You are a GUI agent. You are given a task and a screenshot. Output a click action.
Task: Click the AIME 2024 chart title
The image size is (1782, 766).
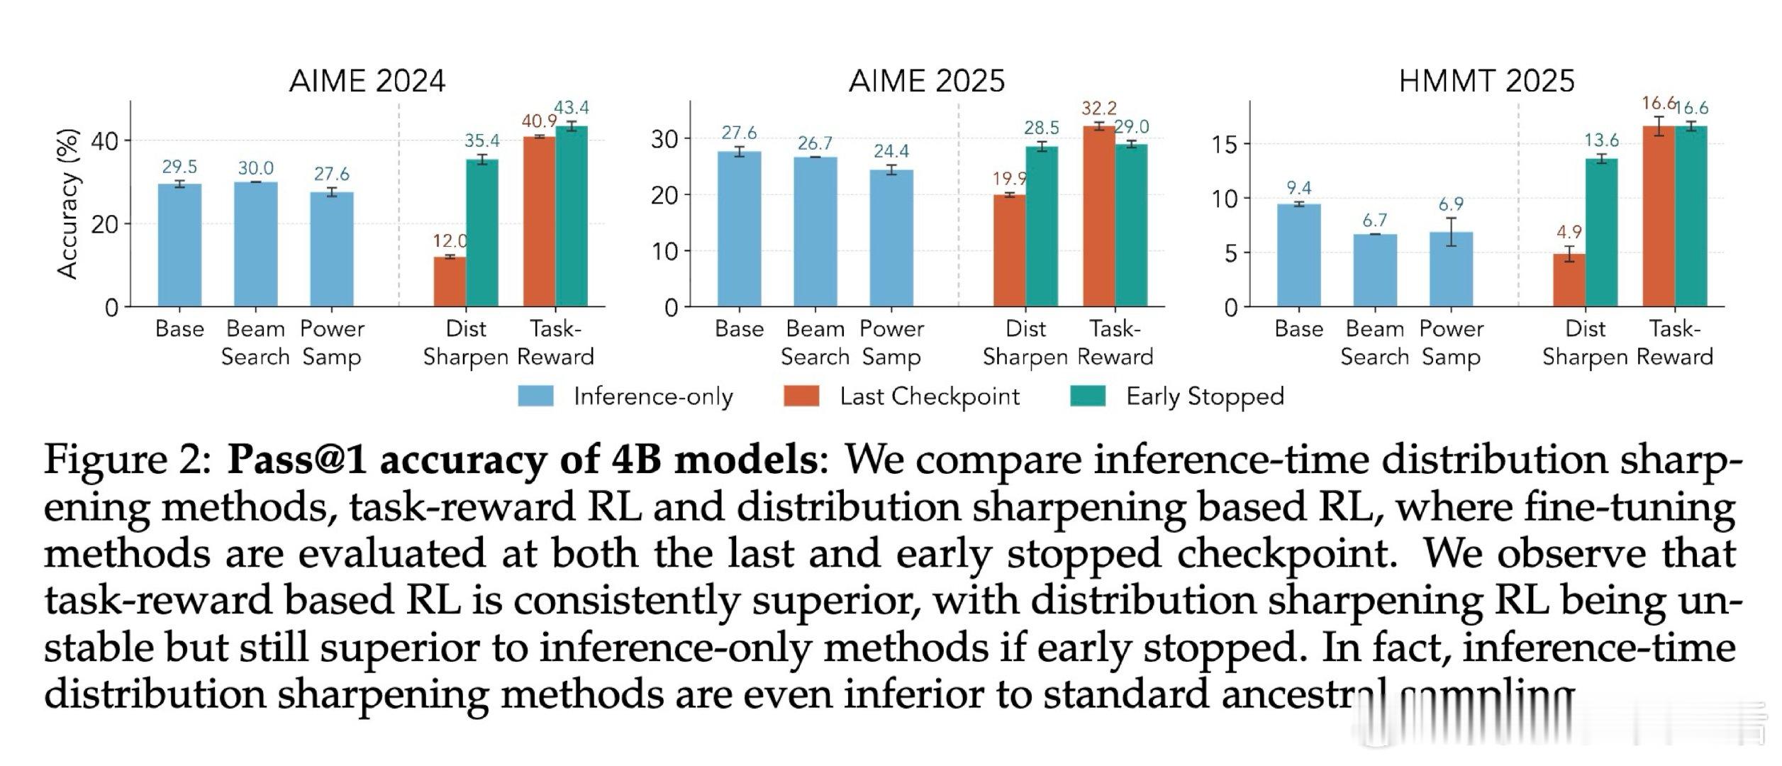367,81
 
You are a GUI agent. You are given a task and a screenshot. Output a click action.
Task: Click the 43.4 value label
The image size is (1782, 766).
572,108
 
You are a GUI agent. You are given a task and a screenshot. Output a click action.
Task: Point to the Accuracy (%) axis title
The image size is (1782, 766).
67,204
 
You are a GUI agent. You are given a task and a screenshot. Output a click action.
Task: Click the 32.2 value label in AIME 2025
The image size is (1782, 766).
1099,109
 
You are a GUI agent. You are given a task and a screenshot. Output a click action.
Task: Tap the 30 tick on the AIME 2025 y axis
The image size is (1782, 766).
664,140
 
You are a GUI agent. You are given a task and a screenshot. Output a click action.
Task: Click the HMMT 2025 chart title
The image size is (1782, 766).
1486,81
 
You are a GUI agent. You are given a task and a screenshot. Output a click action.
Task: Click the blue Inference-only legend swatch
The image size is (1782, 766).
535,396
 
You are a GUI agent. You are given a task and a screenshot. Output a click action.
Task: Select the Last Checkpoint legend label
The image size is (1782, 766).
929,396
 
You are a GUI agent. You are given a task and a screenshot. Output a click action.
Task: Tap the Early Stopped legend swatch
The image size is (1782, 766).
1087,396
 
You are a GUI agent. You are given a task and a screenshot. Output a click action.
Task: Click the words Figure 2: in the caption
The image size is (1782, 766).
128,460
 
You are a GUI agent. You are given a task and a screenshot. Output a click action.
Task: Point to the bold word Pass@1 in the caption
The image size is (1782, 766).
298,460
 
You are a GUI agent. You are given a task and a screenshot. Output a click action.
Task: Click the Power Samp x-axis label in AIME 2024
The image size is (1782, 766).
332,343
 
